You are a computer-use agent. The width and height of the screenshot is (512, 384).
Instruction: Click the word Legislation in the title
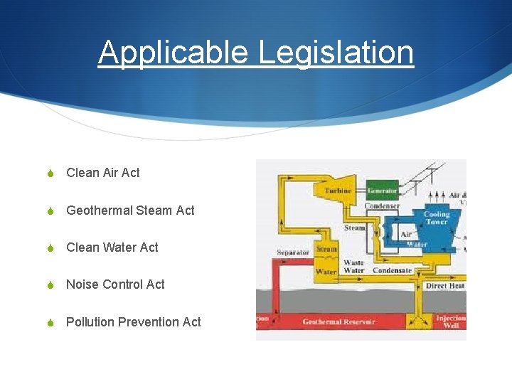coord(336,52)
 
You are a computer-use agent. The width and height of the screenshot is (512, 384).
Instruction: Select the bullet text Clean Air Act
coord(102,173)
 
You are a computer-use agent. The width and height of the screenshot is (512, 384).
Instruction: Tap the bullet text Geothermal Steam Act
coord(130,210)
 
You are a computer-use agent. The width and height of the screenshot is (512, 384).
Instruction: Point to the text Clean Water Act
coord(112,247)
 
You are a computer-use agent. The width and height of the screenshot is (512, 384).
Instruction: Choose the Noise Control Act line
coord(115,284)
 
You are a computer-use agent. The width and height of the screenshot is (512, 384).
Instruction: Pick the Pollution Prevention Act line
coord(133,322)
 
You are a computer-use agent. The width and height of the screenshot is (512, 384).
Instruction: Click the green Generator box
coord(382,191)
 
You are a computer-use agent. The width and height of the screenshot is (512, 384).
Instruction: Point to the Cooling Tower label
coord(436,218)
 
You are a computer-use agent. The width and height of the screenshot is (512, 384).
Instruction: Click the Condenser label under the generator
coord(382,206)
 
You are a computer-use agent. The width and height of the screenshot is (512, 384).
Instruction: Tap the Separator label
coord(293,252)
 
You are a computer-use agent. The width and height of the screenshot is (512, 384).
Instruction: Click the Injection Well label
coord(450,322)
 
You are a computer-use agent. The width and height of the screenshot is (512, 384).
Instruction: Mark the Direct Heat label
coord(445,285)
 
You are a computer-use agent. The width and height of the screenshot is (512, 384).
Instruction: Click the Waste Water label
coord(353,267)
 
